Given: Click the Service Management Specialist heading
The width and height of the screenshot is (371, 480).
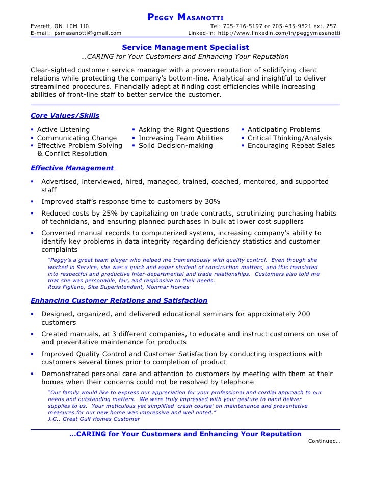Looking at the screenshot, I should (x=185, y=46).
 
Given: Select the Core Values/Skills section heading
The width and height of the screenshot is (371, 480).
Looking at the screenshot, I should (x=65, y=115).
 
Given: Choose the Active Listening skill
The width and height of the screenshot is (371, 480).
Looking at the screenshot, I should (x=63, y=130).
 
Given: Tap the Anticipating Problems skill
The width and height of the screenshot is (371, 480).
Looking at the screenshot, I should (x=283, y=130).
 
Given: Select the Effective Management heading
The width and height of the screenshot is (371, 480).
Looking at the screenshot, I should (x=72, y=168).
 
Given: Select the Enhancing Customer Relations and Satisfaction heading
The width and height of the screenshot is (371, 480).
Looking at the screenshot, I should (x=119, y=300).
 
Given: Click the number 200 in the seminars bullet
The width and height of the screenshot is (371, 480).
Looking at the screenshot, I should (x=303, y=314).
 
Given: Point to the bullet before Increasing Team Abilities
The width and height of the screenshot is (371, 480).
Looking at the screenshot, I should (x=134, y=138).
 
